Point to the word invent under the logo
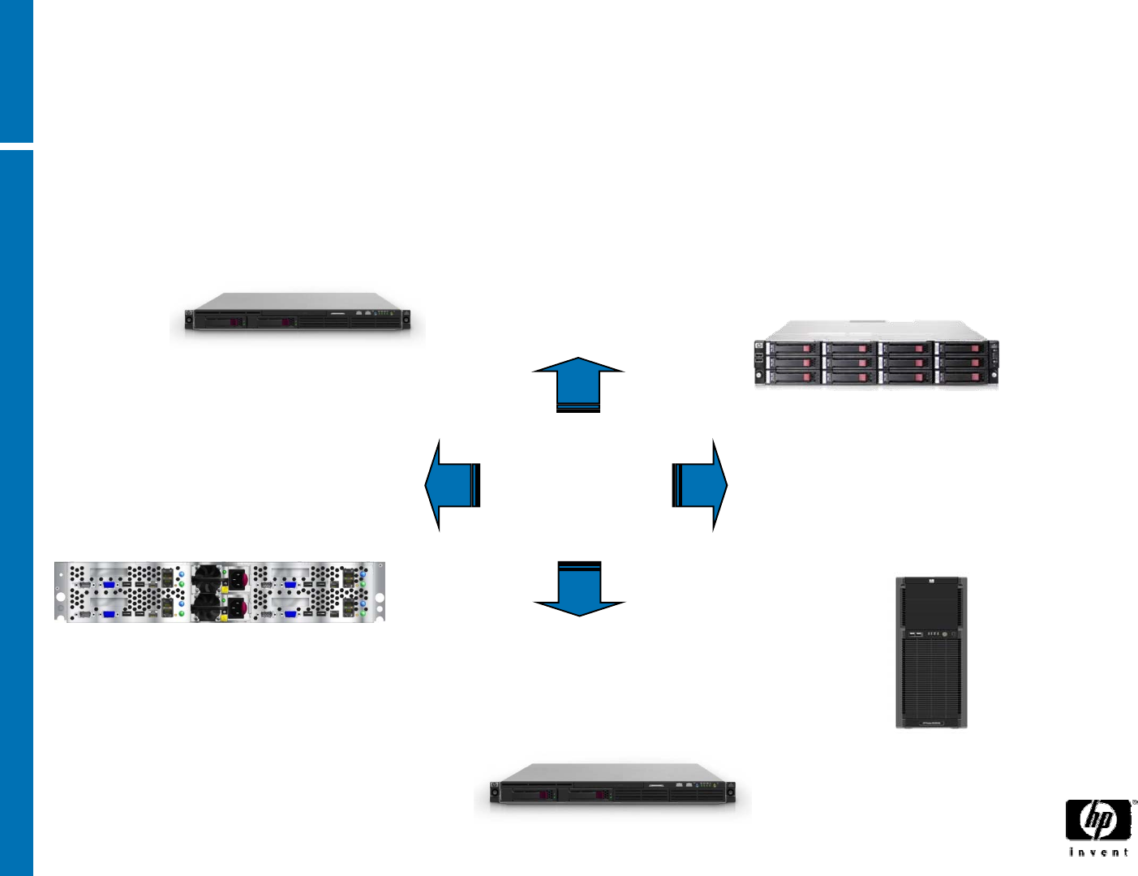pyautogui.click(x=1098, y=852)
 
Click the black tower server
pyautogui.click(x=931, y=652)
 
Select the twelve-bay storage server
pyautogui.click(x=876, y=355)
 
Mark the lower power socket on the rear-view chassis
pyautogui.click(x=237, y=607)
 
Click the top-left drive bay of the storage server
pyautogui.click(x=793, y=349)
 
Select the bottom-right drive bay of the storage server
pyautogui.click(x=962, y=377)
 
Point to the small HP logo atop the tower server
pyautogui.click(x=932, y=582)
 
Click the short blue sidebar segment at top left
pyautogui.click(x=16, y=71)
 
